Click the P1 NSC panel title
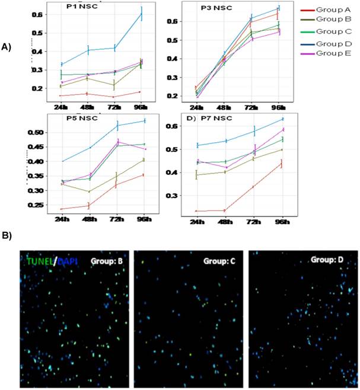click(x=79, y=8)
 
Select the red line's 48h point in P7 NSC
click(x=225, y=210)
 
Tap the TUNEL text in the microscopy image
click(x=35, y=259)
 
